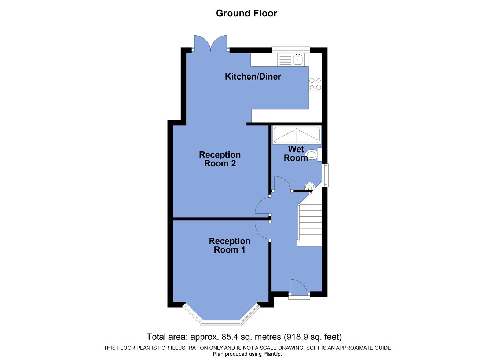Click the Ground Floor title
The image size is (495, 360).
pos(246,13)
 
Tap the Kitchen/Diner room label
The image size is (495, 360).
pos(253,77)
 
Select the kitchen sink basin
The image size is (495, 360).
pos(298,59)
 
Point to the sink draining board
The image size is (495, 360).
pos(285,60)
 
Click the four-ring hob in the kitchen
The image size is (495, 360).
pos(315,84)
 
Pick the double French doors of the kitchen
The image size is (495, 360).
pos(210,44)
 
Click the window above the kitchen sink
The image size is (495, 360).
pos(291,49)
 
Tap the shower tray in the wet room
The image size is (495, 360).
pos(296,135)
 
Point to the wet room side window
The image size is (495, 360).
pos(325,175)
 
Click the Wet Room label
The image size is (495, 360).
pos(296,154)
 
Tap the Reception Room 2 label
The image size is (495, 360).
pos(220,159)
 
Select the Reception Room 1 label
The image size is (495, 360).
pos(230,245)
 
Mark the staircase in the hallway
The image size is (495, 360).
pos(310,224)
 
